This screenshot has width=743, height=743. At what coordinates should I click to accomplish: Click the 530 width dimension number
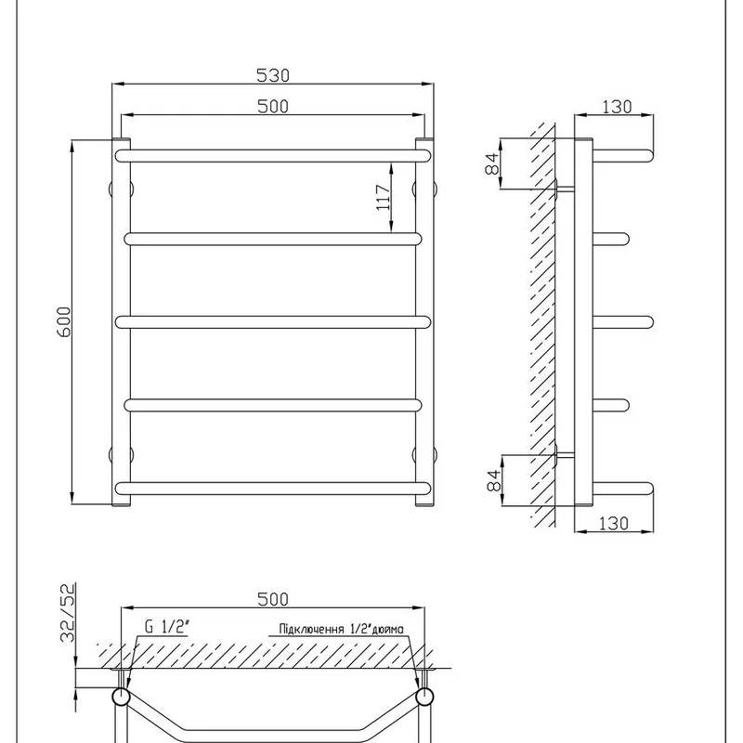click(x=272, y=75)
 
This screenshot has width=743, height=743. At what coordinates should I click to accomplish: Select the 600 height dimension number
click(x=64, y=322)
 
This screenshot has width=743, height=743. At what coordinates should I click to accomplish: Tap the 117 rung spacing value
click(x=384, y=198)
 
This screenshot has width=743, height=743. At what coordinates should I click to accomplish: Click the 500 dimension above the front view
click(x=272, y=106)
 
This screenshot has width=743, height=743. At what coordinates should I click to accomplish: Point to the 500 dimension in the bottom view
click(x=272, y=599)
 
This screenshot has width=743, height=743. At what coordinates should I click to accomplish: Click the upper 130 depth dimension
click(x=617, y=107)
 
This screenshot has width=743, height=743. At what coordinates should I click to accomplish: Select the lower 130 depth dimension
click(x=614, y=523)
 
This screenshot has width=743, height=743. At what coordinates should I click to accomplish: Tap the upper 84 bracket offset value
click(x=493, y=164)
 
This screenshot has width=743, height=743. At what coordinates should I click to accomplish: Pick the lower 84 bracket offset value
click(x=493, y=480)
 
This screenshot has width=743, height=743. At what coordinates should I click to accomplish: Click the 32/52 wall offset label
click(x=68, y=613)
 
